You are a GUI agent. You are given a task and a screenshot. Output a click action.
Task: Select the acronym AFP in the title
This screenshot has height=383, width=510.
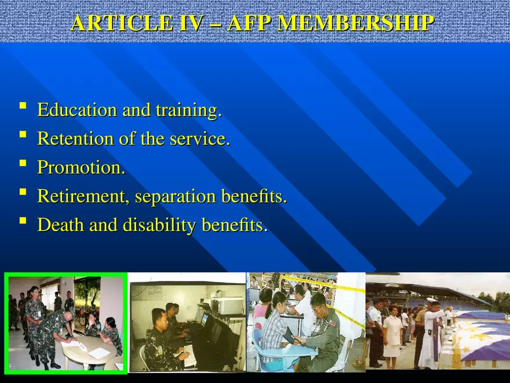pos(249,23)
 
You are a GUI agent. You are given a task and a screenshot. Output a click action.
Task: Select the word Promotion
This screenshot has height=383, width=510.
pos(81,167)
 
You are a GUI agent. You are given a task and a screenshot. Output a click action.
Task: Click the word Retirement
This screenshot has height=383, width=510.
pos(83,196)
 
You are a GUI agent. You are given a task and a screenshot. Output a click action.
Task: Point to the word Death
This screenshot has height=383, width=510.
pos(60,225)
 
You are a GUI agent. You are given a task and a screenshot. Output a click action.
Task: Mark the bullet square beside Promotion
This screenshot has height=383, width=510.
pos(22,163)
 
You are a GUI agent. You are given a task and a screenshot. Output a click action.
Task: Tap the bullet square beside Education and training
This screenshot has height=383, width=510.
pos(22,106)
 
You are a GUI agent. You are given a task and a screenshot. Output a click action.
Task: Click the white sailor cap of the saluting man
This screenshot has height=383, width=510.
pos(432,300)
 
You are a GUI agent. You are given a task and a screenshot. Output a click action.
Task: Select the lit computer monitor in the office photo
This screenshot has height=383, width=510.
pos(204,319)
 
